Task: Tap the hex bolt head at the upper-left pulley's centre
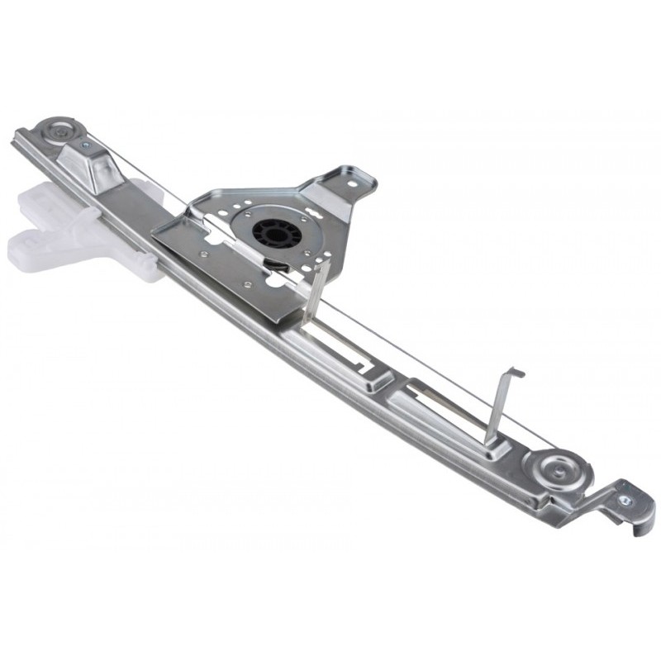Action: point(59,130)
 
